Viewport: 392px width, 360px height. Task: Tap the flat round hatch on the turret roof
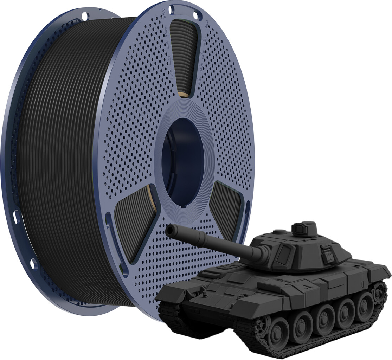[x=279, y=232]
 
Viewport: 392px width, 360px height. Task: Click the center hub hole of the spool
[x=183, y=162]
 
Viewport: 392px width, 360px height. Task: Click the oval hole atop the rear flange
[x=84, y=16]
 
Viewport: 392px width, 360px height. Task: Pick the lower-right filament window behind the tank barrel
[x=225, y=207]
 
